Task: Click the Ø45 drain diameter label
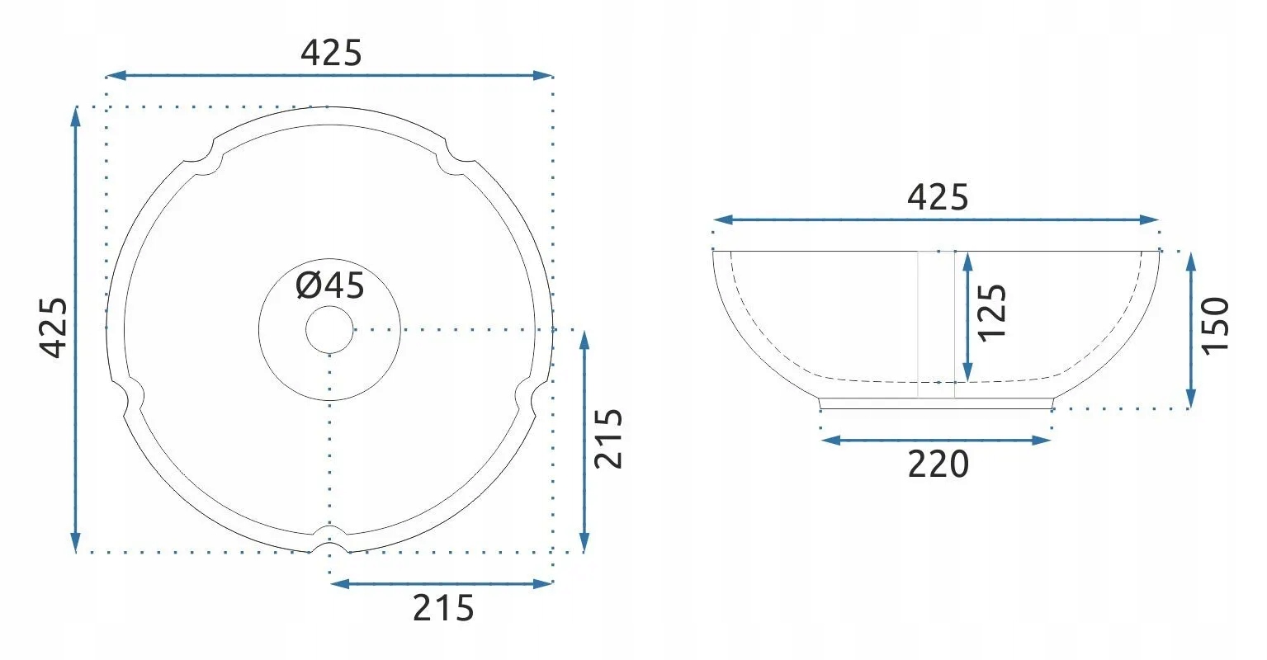(330, 285)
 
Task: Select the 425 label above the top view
(331, 53)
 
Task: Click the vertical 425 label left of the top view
(54, 328)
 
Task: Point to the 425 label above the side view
(938, 197)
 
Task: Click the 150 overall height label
(1215, 327)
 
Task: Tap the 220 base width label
(938, 464)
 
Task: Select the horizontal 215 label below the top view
(443, 609)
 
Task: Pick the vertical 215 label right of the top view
(608, 439)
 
